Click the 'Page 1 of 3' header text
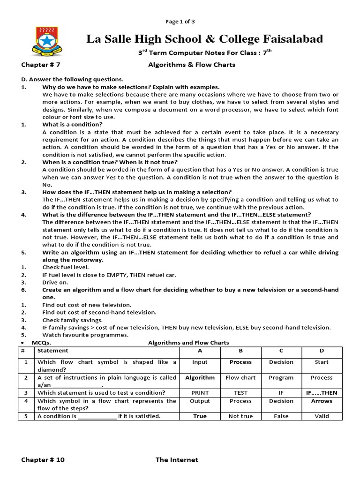[x=180, y=22]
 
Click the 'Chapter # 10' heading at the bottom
[x=43, y=460]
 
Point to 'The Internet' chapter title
[x=177, y=460]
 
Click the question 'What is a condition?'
[x=72, y=124]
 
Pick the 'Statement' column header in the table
[x=52, y=350]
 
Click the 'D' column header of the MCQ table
[x=322, y=350]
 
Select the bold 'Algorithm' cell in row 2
[x=200, y=377]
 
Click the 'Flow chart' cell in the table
[x=240, y=377]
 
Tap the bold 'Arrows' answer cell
[x=322, y=401]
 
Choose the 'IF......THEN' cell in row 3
[x=322, y=393]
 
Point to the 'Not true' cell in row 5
[x=240, y=416]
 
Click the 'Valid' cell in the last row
[x=322, y=416]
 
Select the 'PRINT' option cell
[x=200, y=393]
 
